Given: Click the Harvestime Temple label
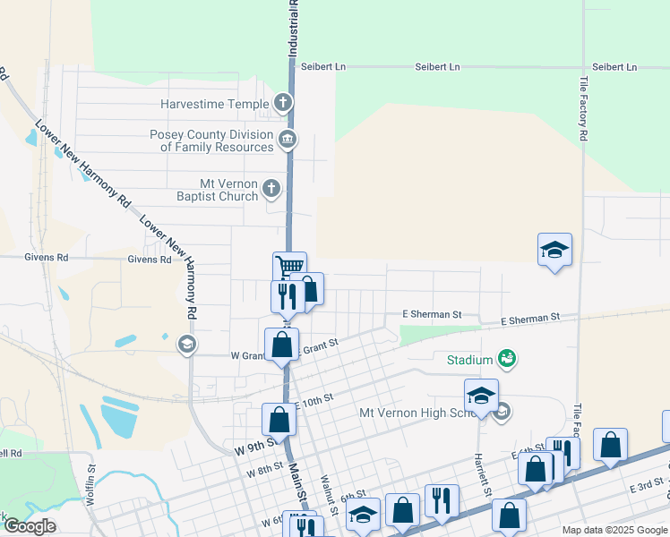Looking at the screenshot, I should pyautogui.click(x=214, y=104).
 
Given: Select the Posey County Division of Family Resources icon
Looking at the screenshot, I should pyautogui.click(x=288, y=139).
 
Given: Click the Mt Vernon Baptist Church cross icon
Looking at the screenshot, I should pyautogui.click(x=271, y=188).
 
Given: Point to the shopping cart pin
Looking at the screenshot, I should pyautogui.click(x=289, y=267).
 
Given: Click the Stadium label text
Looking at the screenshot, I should pyautogui.click(x=470, y=360).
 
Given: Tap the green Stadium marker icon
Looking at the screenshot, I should pyautogui.click(x=506, y=359).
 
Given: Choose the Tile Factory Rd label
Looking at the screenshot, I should pyautogui.click(x=583, y=108).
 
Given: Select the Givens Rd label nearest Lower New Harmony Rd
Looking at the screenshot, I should pyautogui.click(x=149, y=260).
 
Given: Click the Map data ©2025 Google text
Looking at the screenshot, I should pyautogui.click(x=614, y=530).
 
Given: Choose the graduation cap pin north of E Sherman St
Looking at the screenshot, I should pyautogui.click(x=554, y=251).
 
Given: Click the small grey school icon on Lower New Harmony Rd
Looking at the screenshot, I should pyautogui.click(x=186, y=344).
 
